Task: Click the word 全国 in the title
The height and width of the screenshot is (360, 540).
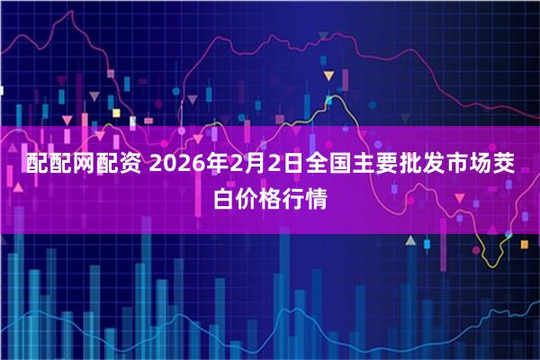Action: click(x=341, y=164)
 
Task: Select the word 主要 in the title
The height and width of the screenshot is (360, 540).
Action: click(x=393, y=164)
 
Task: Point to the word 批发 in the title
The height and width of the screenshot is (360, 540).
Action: click(x=445, y=164)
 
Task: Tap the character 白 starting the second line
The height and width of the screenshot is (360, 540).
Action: click(x=225, y=197)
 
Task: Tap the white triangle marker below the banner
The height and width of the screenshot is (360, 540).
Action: click(x=409, y=241)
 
